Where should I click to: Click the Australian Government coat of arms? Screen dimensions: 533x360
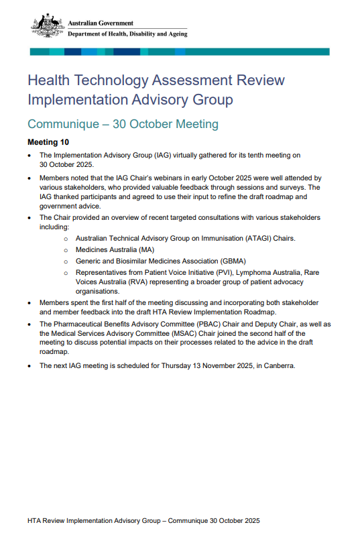[48, 26]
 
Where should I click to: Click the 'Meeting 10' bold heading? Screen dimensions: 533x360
[48, 143]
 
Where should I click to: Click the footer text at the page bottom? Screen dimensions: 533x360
[143, 520]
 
